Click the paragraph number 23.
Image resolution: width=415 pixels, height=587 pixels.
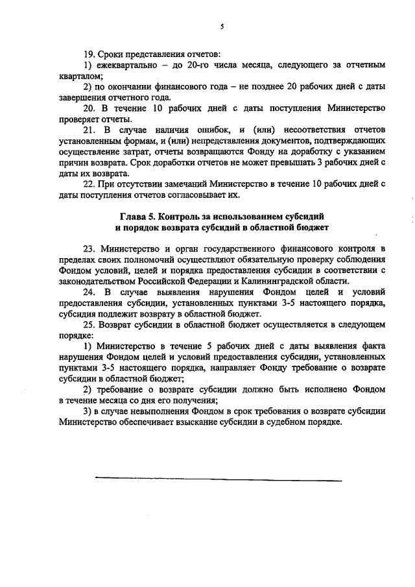89,249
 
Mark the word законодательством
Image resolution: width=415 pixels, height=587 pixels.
97,282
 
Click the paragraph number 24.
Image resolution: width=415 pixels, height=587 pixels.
89,293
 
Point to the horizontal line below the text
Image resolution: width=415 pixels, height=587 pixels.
218,480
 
